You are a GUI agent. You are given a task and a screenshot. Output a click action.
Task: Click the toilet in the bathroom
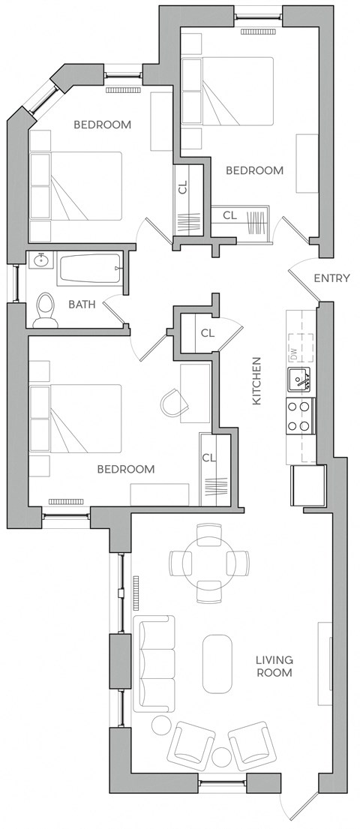click(46, 308)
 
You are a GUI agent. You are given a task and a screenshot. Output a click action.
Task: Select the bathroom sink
click(39, 263)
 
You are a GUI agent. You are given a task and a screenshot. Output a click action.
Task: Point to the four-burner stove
click(300, 415)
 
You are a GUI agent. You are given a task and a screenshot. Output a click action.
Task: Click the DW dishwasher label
click(293, 353)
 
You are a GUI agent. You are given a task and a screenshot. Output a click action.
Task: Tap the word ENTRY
click(331, 278)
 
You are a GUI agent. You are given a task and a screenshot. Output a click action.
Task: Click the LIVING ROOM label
click(274, 666)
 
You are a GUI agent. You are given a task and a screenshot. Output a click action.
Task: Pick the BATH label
click(81, 305)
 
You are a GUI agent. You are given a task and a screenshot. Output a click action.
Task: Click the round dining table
click(208, 562)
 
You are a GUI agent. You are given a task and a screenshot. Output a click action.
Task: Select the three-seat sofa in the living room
click(154, 664)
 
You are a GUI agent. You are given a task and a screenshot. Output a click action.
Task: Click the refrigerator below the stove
click(308, 485)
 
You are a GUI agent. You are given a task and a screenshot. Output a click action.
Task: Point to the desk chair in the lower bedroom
click(174, 404)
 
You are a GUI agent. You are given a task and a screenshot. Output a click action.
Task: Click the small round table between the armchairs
click(222, 755)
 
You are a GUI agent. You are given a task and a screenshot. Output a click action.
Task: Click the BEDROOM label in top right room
click(255, 170)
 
